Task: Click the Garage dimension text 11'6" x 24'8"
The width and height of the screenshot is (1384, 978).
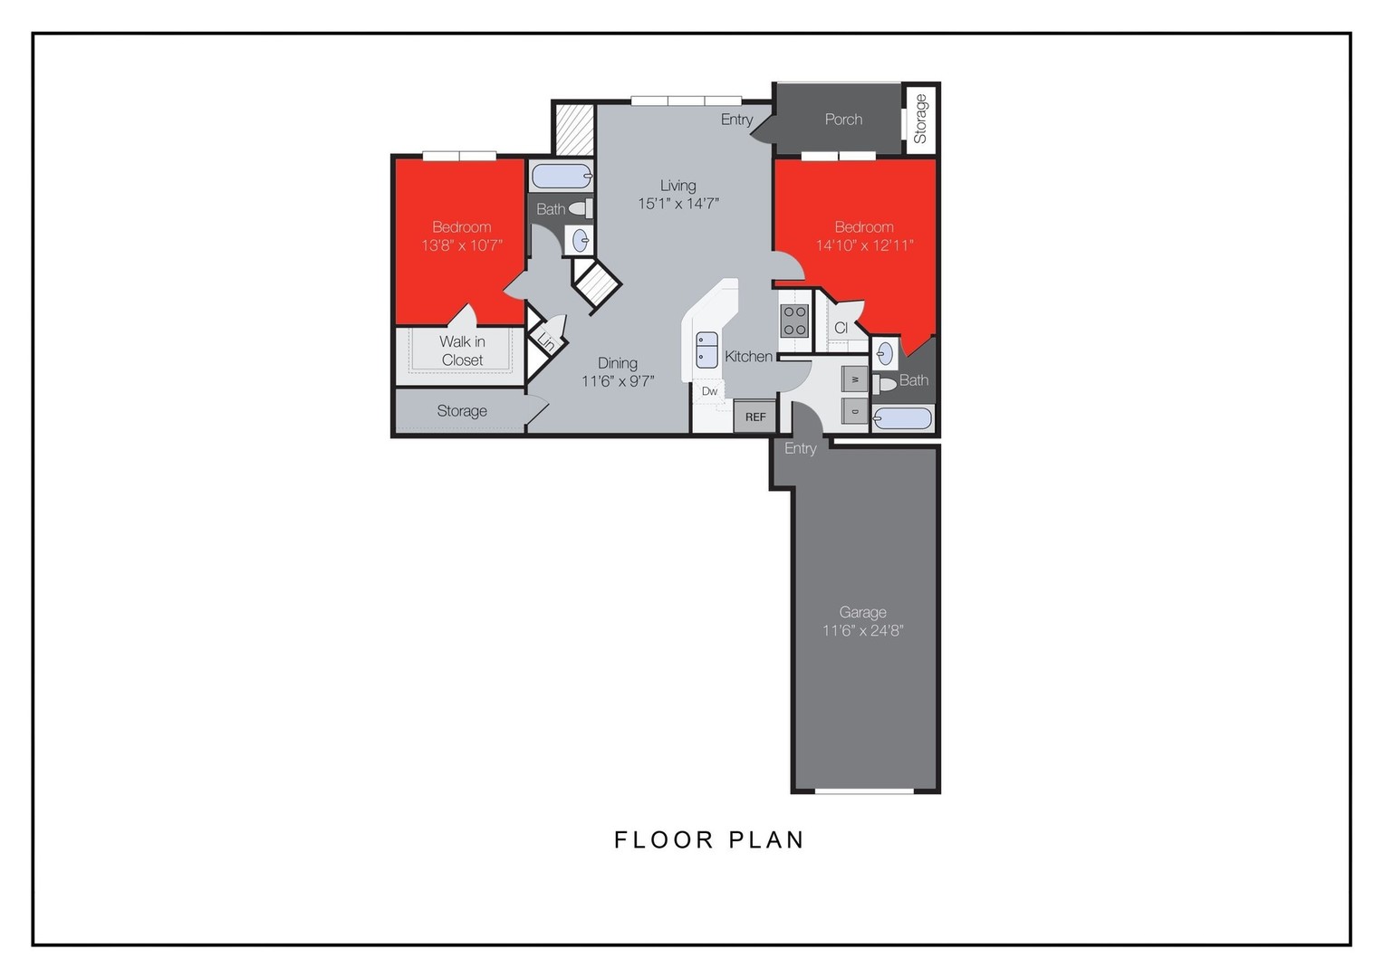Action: click(x=862, y=630)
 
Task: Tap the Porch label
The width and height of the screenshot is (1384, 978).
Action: click(x=843, y=120)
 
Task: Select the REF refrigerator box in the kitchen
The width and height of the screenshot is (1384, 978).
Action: click(x=755, y=417)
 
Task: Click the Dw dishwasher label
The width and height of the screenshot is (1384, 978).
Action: click(x=709, y=391)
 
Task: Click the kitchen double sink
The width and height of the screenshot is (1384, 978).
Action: click(x=706, y=350)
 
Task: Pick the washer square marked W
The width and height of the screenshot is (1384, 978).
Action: click(x=855, y=379)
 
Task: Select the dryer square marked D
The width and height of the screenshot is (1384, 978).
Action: click(x=855, y=411)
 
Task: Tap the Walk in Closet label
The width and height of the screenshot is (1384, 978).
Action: click(x=462, y=350)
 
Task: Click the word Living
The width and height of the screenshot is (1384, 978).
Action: click(x=678, y=186)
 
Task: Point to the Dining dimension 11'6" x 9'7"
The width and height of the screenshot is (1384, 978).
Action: click(x=618, y=381)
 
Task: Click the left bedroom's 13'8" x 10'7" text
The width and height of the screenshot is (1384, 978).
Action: click(x=462, y=245)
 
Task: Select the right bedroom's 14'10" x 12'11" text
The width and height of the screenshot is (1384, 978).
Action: click(x=864, y=245)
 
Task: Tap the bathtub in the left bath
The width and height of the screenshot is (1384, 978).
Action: click(x=561, y=176)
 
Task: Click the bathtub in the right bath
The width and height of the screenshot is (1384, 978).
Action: click(x=902, y=418)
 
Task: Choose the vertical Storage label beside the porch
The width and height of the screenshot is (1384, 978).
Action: click(x=921, y=119)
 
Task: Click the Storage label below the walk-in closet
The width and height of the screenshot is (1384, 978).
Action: click(x=462, y=411)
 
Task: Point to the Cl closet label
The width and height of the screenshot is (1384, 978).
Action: click(x=841, y=328)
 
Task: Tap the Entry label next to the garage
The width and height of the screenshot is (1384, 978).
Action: click(x=800, y=448)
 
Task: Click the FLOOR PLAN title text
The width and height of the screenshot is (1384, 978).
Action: click(x=709, y=840)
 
